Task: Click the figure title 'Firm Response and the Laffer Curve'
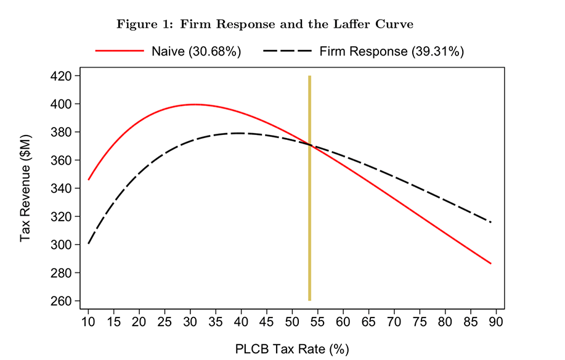tap(265, 24)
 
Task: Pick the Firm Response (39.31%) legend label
tap(391, 51)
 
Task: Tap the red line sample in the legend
tap(120, 51)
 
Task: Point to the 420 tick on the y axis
tap(64, 76)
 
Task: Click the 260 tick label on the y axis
tap(64, 301)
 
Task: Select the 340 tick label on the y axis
tap(64, 189)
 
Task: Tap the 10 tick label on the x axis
tap(88, 321)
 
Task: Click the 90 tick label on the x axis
tap(496, 321)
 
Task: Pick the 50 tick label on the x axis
tap(292, 321)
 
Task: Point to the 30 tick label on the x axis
tap(190, 321)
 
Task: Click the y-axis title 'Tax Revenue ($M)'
tap(26, 188)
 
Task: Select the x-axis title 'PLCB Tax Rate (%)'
tap(292, 349)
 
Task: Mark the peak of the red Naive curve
tap(194, 104)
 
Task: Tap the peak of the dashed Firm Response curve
tap(238, 133)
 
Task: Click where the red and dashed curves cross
tap(310, 145)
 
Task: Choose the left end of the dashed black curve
tap(88, 243)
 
